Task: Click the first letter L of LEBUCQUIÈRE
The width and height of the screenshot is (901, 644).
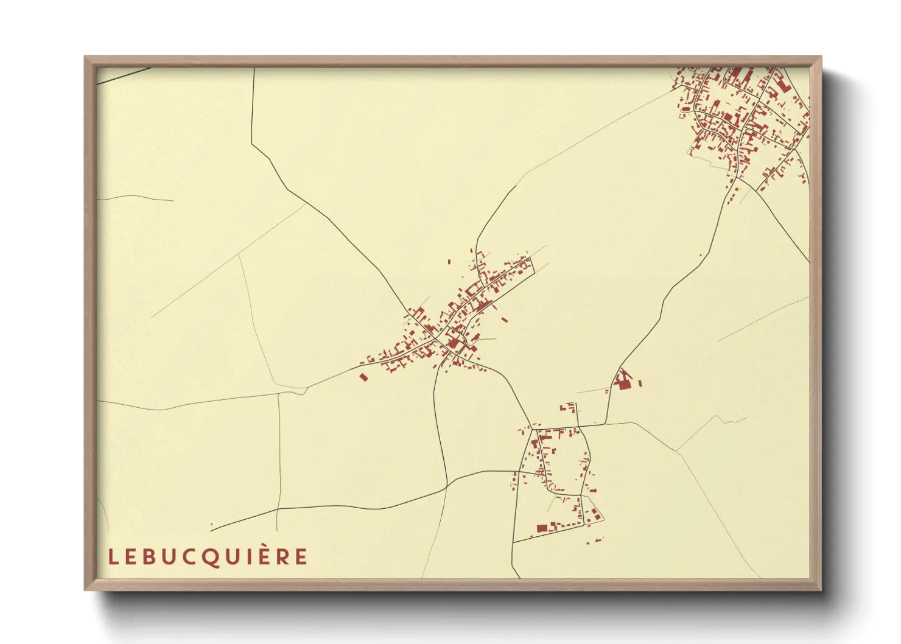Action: pyautogui.click(x=113, y=557)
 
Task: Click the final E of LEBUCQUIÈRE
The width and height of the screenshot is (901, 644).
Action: pyautogui.click(x=302, y=557)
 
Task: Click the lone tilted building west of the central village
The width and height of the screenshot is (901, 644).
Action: pyautogui.click(x=364, y=377)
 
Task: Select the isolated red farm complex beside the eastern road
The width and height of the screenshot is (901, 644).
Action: pyautogui.click(x=622, y=381)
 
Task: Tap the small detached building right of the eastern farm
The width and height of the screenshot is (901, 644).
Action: pyautogui.click(x=640, y=383)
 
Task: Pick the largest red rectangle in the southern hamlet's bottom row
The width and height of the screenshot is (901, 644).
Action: pyautogui.click(x=541, y=528)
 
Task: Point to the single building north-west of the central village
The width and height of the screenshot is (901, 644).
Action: pyautogui.click(x=449, y=262)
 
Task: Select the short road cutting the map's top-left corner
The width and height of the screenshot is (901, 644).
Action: pyautogui.click(x=125, y=75)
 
